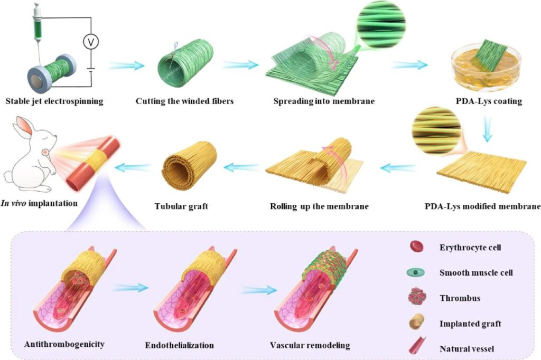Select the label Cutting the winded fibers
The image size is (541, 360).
click(x=183, y=101)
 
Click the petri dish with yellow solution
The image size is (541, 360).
click(x=483, y=69)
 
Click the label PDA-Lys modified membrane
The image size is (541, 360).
click(x=482, y=206)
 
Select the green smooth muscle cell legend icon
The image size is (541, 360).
click(x=417, y=272)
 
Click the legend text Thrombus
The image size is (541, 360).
click(x=460, y=298)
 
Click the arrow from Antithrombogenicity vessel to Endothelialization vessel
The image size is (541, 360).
click(x=130, y=288)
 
